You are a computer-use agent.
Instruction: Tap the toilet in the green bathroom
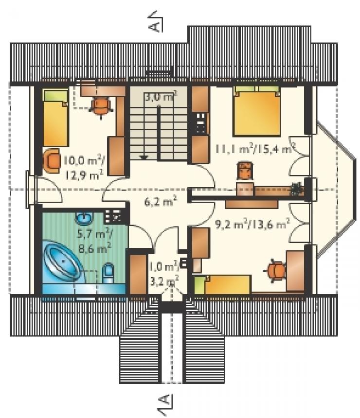pyautogui.click(x=108, y=273)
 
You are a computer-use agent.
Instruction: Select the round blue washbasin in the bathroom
pyautogui.click(x=84, y=219)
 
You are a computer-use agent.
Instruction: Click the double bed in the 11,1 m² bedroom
pyautogui.click(x=257, y=111)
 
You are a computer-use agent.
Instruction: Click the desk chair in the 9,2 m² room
pyautogui.click(x=275, y=271)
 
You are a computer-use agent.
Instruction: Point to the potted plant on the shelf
pyautogui.click(x=296, y=189)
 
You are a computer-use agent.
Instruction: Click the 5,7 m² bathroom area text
pyautogui.click(x=95, y=234)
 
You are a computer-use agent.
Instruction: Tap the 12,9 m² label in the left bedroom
pyautogui.click(x=83, y=175)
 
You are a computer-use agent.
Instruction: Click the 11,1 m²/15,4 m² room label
pyautogui.click(x=255, y=149)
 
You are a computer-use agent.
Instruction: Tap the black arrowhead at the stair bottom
pyautogui.click(x=144, y=157)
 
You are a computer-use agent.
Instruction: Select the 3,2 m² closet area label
pyautogui.click(x=164, y=281)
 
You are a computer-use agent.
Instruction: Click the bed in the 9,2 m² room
pyautogui.click(x=222, y=285)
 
